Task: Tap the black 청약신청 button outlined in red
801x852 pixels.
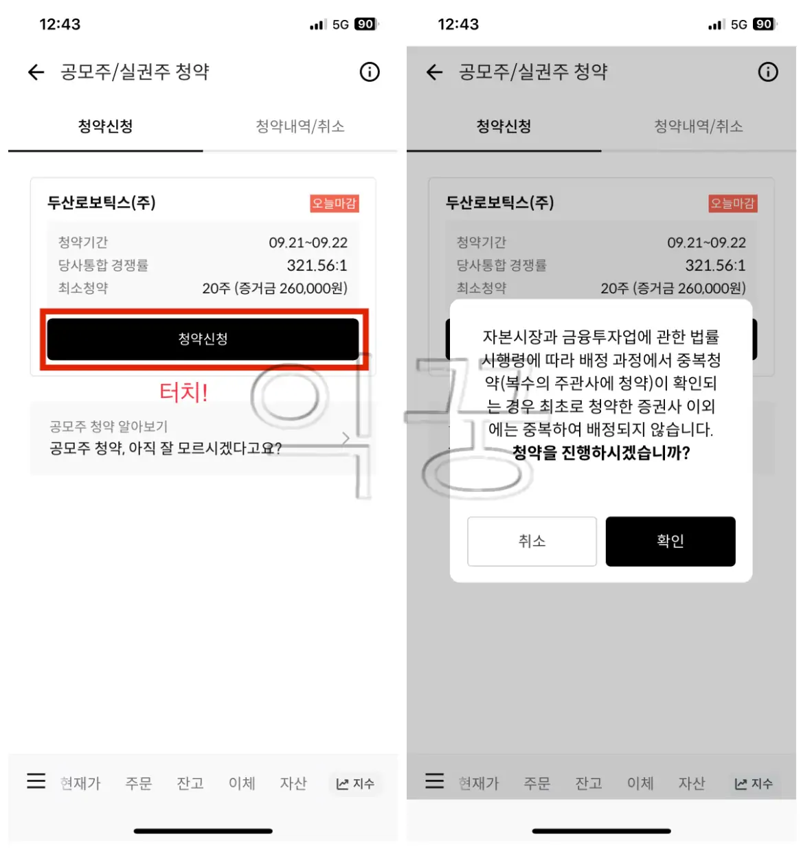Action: (203, 339)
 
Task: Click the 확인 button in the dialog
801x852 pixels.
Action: (670, 541)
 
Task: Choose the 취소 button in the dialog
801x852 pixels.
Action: (532, 541)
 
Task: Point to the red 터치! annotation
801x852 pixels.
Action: (183, 392)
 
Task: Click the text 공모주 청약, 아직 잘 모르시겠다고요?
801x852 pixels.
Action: (166, 449)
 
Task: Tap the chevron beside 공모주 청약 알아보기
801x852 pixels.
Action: (346, 438)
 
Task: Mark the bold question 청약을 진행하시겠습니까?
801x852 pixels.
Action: (601, 453)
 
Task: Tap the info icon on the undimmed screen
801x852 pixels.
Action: (370, 72)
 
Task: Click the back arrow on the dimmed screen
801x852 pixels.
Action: (434, 72)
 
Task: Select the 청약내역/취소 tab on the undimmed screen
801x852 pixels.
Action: (300, 126)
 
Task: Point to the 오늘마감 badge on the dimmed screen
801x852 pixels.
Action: (732, 203)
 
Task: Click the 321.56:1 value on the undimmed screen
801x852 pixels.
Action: (317, 265)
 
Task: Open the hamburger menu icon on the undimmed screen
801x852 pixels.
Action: (36, 781)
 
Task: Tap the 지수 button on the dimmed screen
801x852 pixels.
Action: (754, 784)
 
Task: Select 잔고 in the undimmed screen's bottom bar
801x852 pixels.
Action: (190, 783)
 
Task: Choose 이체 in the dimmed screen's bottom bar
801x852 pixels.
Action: (640, 783)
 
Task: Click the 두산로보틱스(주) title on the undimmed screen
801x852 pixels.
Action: (102, 203)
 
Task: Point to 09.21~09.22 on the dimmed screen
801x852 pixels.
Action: (706, 243)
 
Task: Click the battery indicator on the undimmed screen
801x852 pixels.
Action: (365, 24)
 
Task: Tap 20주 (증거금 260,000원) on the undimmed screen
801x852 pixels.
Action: (275, 289)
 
